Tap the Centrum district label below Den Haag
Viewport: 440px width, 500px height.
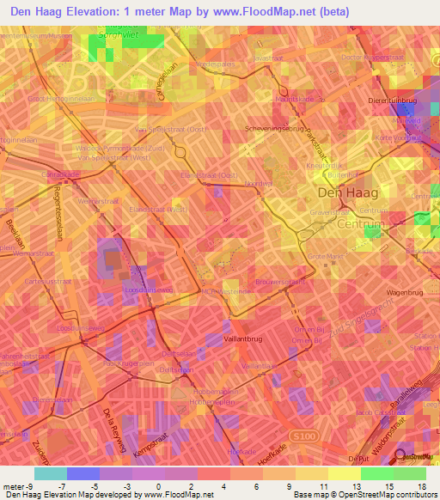[x=360, y=225]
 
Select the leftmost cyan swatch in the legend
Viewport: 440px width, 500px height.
[x=50, y=473]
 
